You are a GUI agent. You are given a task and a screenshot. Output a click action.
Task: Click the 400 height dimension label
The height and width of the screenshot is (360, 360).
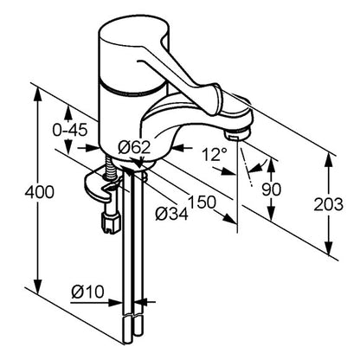[x=39, y=192]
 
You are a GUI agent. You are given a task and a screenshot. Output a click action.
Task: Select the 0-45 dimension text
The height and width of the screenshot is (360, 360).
[x=70, y=131]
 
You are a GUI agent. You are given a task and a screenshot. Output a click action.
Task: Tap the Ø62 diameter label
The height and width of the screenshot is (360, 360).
[x=134, y=148]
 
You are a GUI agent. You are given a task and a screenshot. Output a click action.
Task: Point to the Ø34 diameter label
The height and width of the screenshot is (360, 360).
[x=172, y=215]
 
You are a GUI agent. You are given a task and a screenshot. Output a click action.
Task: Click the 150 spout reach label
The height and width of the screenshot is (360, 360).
[x=202, y=202]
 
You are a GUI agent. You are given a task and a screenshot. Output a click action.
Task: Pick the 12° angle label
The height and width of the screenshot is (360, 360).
[x=214, y=155]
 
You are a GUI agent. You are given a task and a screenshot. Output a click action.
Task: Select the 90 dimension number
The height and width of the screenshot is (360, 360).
[x=271, y=190]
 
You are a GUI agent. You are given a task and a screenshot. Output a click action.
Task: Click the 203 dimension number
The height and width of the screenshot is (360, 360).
[x=329, y=204]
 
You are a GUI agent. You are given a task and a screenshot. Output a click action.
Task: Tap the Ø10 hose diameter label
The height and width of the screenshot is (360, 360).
[x=87, y=292]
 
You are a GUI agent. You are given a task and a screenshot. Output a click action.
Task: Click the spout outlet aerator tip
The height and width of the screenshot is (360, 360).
[x=237, y=135]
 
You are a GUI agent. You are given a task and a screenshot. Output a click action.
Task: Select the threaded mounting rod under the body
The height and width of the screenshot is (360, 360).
[x=110, y=168]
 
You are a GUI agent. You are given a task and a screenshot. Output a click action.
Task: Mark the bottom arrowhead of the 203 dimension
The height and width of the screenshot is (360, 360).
[x=329, y=248]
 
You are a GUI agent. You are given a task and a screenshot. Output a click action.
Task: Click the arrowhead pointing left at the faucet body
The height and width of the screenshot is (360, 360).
[x=178, y=148]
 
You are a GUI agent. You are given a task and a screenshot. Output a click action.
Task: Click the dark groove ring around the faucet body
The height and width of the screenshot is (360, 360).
[x=132, y=90]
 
